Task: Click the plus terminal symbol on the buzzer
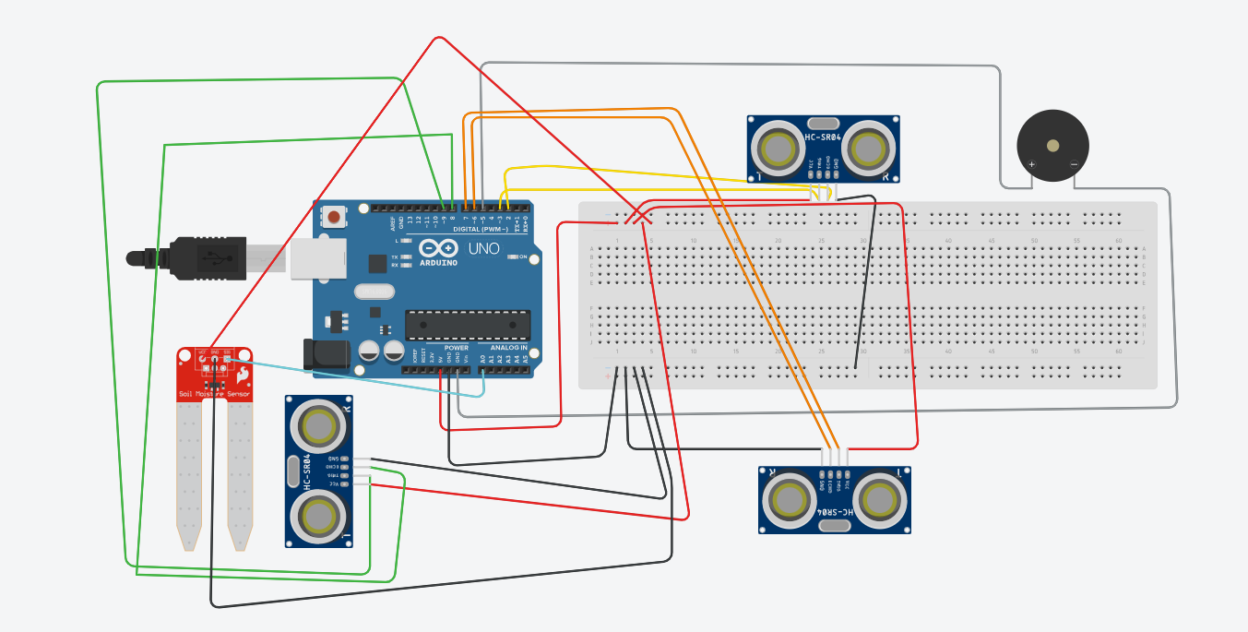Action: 1032,165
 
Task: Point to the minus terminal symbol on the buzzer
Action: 1074,165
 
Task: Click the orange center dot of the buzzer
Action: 1052,144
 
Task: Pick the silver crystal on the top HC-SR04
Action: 823,123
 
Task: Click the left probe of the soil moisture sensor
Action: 188,471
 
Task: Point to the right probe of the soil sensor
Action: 240,471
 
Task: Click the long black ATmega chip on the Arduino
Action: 468,323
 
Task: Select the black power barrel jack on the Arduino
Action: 318,355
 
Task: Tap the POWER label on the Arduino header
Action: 456,348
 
